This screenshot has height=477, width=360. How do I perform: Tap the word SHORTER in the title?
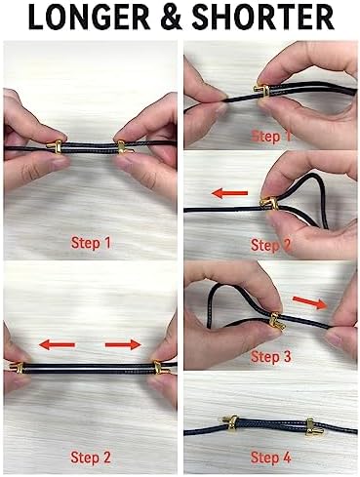point(262,17)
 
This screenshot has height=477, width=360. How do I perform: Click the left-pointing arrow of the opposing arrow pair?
point(57,344)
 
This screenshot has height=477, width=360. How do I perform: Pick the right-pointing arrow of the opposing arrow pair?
point(123,344)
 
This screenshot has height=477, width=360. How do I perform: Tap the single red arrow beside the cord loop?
point(229,193)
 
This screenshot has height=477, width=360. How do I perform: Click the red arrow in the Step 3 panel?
point(310,302)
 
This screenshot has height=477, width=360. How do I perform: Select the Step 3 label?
point(270,357)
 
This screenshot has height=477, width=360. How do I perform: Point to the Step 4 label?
point(270,457)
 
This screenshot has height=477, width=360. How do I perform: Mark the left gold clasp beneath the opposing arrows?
point(16,368)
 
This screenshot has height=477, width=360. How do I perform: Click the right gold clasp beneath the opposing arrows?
point(160,367)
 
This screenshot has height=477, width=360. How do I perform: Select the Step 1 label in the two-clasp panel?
point(91,243)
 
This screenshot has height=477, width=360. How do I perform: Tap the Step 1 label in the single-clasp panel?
point(270,137)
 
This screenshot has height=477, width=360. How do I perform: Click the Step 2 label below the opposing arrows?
point(91,457)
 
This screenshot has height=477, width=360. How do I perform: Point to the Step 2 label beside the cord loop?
point(270,245)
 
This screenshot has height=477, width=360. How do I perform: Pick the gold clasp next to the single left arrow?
point(269,204)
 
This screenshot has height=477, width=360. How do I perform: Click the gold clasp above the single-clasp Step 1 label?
point(262,91)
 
